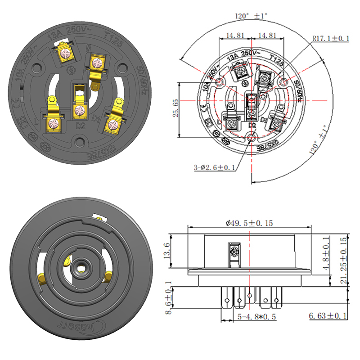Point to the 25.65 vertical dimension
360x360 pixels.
pyautogui.click(x=175, y=108)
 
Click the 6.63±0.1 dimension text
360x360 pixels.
pyautogui.click(x=328, y=316)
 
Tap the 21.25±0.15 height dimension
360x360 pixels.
pyautogui.click(x=344, y=261)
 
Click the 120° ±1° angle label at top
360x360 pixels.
pyautogui.click(x=251, y=15)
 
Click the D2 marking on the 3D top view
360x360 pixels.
pyautogui.click(x=81, y=126)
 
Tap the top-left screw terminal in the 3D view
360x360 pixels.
pyautogui.click(x=66, y=53)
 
